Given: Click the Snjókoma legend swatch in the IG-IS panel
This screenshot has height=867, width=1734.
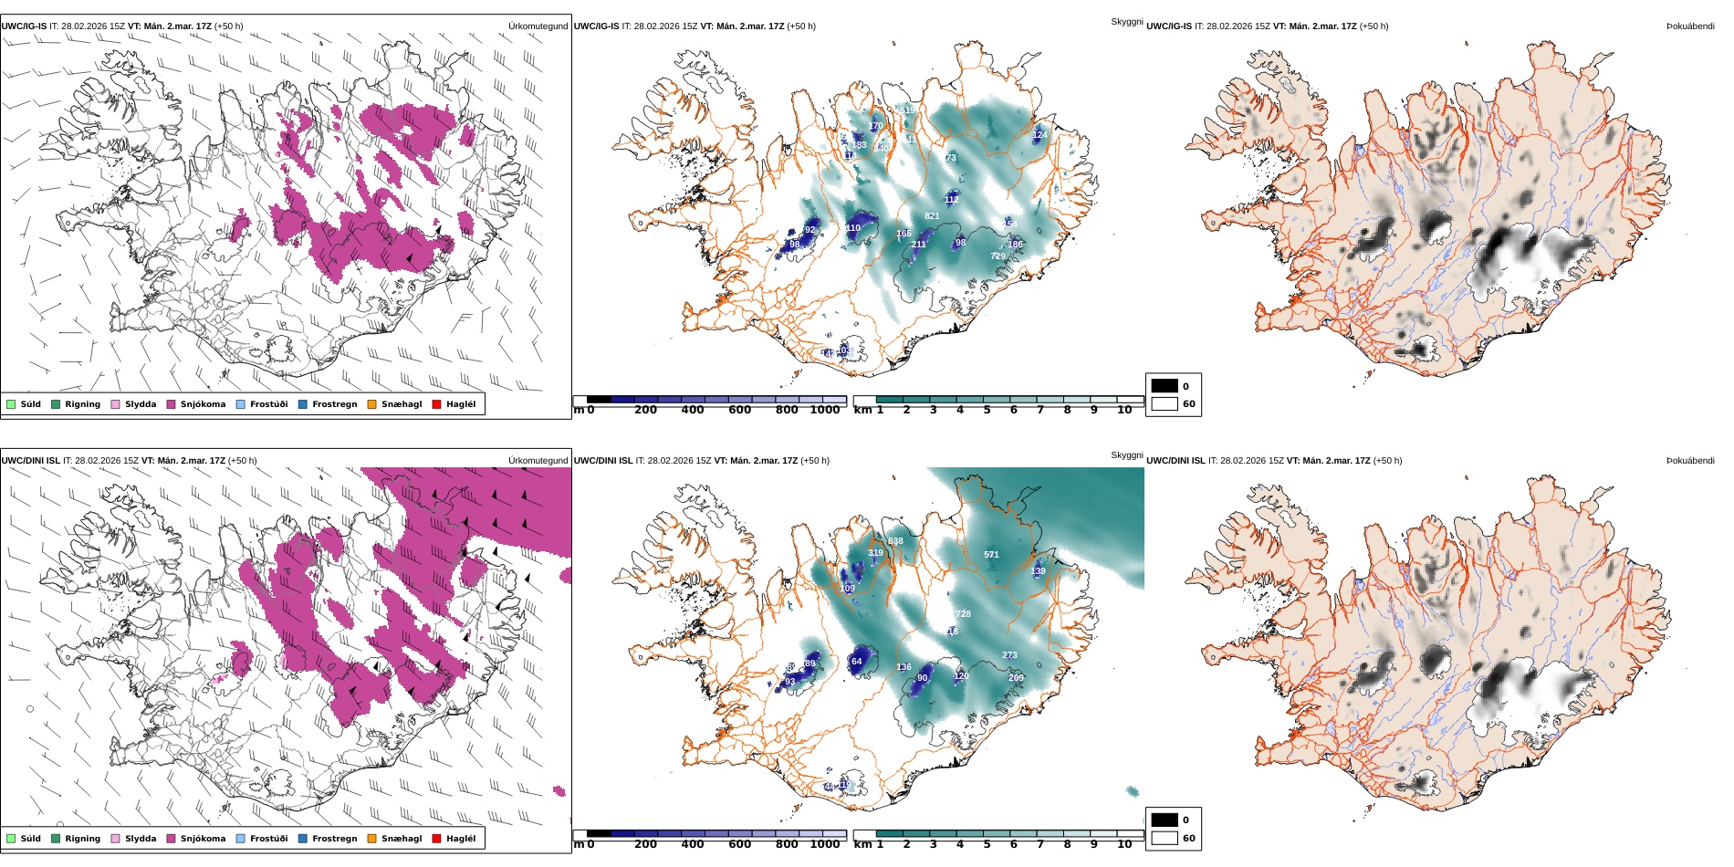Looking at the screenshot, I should click(171, 404).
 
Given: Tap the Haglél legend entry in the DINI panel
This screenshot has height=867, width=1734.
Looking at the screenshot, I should click(461, 839).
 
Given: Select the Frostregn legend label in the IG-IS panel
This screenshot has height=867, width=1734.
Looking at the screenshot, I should click(334, 404).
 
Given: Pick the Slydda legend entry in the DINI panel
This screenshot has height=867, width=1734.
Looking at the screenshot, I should click(141, 839).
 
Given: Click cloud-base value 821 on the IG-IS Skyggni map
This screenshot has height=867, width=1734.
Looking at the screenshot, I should click(932, 216).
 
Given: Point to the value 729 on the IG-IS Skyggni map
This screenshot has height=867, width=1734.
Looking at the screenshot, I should click(998, 256).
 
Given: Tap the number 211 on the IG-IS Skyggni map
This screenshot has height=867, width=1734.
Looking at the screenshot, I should click(918, 245).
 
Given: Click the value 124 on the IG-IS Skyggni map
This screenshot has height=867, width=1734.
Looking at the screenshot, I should click(1039, 135).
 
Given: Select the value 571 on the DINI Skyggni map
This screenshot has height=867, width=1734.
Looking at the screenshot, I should click(991, 555).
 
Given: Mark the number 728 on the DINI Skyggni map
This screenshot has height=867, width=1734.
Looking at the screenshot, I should click(963, 614).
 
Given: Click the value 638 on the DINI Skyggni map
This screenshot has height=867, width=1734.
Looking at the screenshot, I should click(895, 541).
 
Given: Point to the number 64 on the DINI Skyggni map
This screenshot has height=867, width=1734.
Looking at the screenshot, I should click(856, 662).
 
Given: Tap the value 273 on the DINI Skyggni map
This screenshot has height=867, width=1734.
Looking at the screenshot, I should click(1009, 655).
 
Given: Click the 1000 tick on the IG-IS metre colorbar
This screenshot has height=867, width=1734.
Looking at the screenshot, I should click(825, 411).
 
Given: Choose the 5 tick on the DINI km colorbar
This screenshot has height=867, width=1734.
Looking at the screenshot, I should click(987, 845).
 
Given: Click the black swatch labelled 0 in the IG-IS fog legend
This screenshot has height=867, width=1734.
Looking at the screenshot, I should click(1165, 386).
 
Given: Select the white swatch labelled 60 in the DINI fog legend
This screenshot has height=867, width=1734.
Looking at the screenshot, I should click(1165, 838).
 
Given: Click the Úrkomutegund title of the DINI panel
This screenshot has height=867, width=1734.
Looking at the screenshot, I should click(538, 461).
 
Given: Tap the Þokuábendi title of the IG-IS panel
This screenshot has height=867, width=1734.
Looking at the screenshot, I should click(1690, 26).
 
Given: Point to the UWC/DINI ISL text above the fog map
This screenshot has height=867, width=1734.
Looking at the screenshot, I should click(1175, 461).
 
